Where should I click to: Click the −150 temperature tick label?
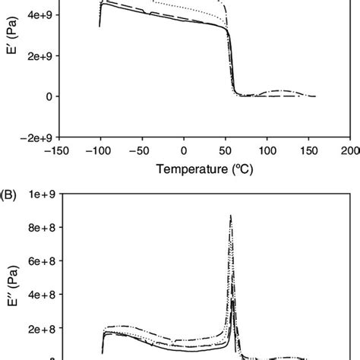coord(58,150)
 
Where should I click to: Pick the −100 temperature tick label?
coord(99,150)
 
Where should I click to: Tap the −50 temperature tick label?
coord(142,150)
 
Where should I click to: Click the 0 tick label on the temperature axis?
coord(184,150)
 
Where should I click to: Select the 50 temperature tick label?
coord(226,150)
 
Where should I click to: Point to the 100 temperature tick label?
coord(267,150)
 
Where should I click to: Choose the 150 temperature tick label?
coord(309,150)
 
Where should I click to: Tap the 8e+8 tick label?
coord(37,227)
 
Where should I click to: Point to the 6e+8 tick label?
coord(37,261)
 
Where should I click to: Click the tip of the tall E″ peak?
coord(230,216)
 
